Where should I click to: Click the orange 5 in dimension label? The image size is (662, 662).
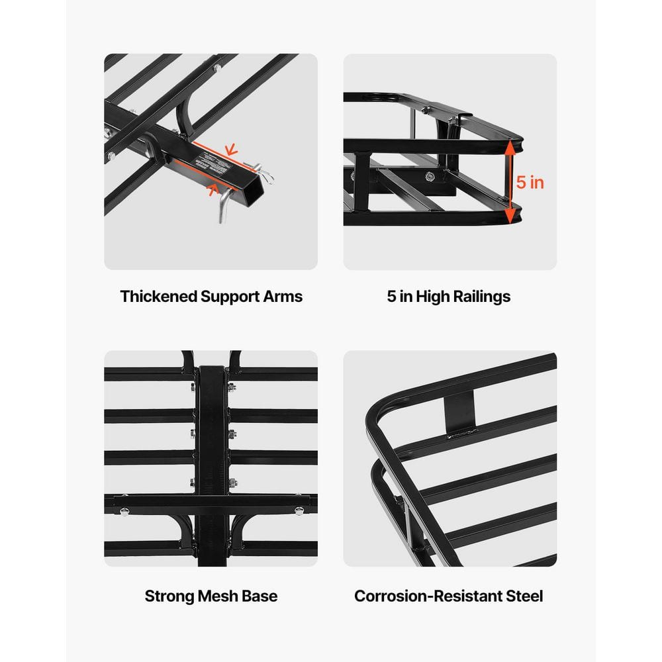(x=530, y=182)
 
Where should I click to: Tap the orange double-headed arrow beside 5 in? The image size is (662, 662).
(x=510, y=182)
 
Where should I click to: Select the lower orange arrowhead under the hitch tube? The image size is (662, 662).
(x=214, y=191)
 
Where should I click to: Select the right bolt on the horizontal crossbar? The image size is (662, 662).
(x=299, y=510)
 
